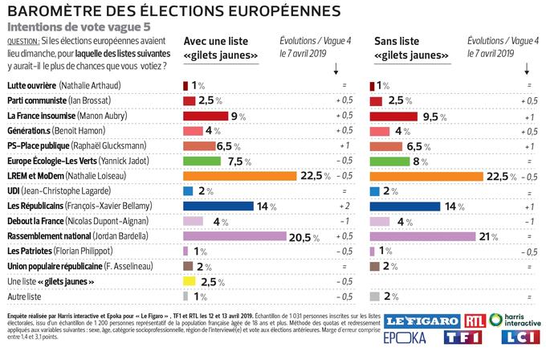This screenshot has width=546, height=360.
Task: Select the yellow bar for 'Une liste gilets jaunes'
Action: coord(189,281)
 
